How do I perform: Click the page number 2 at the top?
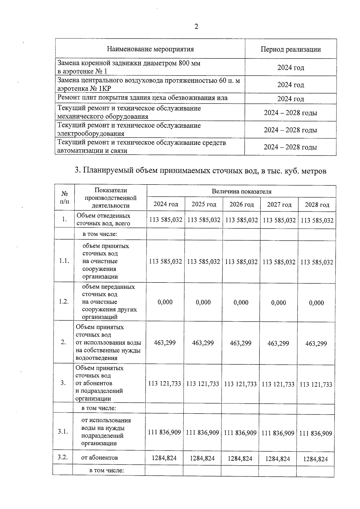[x=196, y=27]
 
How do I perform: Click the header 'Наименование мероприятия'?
[x=150, y=49]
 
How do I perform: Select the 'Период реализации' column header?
[x=290, y=49]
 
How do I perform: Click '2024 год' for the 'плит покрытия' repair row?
[x=290, y=99]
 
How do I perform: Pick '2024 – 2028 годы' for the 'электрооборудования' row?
[x=290, y=130]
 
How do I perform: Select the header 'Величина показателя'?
[x=241, y=191]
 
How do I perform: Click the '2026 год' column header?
[x=241, y=205]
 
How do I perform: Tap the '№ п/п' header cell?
[x=64, y=198]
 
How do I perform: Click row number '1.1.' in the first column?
[x=64, y=261]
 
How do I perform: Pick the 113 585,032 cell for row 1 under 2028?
[x=317, y=220]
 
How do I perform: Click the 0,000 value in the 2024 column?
[x=165, y=302]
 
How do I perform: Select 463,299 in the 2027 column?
[x=278, y=343]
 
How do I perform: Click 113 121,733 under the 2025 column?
[x=202, y=384]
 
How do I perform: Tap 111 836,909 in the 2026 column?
[x=240, y=433]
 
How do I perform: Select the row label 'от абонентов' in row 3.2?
[x=100, y=458]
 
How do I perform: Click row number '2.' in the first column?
[x=63, y=342]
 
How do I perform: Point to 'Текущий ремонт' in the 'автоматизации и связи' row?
[x=78, y=143]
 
